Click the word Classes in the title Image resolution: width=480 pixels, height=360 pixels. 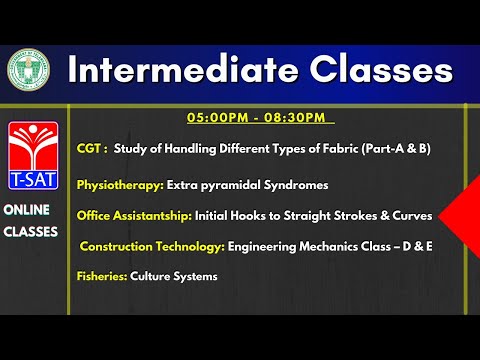click(x=371, y=69)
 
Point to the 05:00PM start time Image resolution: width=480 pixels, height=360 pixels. click(x=216, y=119)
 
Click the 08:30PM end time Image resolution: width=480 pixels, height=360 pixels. click(x=295, y=119)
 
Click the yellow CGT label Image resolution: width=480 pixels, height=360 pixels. click(x=93, y=148)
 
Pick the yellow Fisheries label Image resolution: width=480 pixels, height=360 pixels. click(x=101, y=276)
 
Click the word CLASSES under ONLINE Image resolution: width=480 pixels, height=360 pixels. click(x=31, y=231)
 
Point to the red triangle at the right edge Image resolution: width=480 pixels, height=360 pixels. click(x=461, y=215)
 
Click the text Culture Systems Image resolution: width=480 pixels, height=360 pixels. click(x=174, y=276)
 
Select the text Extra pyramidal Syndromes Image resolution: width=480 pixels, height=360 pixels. click(x=247, y=185)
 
